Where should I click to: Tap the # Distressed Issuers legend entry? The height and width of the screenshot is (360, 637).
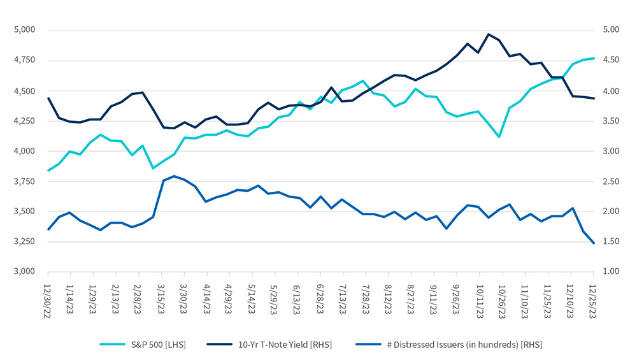(446, 345)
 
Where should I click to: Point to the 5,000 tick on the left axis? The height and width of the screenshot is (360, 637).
(26, 30)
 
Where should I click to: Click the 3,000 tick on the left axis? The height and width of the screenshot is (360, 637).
(26, 271)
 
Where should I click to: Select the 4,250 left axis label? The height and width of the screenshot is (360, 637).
(26, 120)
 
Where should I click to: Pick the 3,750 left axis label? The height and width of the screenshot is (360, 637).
(26, 181)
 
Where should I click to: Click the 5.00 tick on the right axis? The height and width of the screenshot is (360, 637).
(610, 30)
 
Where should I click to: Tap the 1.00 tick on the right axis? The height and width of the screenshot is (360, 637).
(610, 271)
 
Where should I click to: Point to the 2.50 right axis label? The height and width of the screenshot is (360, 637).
(610, 181)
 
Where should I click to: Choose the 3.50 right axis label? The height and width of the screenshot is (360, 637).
(610, 120)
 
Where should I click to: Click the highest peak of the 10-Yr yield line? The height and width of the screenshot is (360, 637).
(489, 34)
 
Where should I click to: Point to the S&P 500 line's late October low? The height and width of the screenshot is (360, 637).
(499, 137)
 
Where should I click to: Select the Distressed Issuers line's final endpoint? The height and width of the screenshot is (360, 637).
(594, 243)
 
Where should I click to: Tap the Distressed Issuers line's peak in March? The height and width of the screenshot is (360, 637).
(174, 176)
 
